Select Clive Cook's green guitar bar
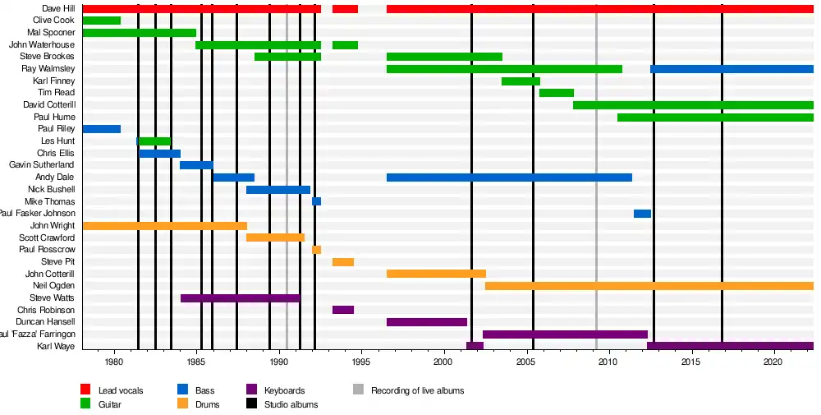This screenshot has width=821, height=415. tap(102, 21)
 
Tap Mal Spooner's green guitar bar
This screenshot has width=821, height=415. tap(140, 33)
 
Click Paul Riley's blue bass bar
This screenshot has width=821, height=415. tap(102, 129)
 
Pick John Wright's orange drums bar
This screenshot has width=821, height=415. tap(164, 225)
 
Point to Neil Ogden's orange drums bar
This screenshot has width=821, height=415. tap(649, 286)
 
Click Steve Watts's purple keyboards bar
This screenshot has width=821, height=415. tap(241, 297)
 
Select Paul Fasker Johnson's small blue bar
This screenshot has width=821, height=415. tap(642, 214)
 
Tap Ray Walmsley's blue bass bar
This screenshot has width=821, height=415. tap(732, 69)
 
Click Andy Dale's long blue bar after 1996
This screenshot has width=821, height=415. tap(509, 178)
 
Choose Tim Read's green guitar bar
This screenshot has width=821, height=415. tap(557, 93)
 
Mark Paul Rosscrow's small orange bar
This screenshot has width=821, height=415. tap(316, 250)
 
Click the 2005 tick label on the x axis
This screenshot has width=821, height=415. tap(525, 362)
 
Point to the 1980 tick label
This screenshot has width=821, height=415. tap(113, 362)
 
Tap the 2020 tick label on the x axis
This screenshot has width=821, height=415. tap(773, 362)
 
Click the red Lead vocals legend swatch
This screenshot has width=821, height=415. tap(85, 390)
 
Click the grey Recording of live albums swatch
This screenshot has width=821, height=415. tap(358, 390)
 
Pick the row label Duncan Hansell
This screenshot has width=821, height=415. tap(46, 322)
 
